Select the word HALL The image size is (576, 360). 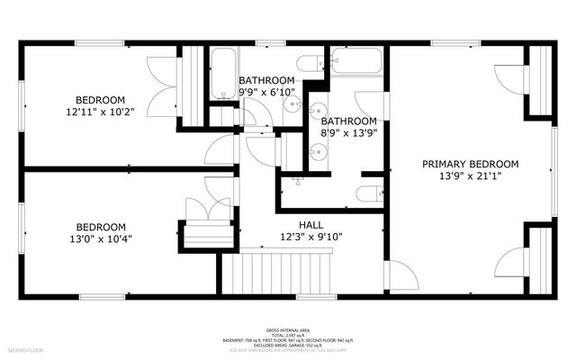point(310,225)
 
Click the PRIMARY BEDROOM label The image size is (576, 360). point(471,164)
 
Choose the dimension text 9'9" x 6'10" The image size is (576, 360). point(266,92)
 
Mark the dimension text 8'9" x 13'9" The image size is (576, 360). point(348,133)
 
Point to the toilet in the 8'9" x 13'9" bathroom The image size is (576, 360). point(367,193)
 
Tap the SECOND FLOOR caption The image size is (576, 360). point(24,348)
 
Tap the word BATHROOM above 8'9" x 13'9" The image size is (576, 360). point(348,121)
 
